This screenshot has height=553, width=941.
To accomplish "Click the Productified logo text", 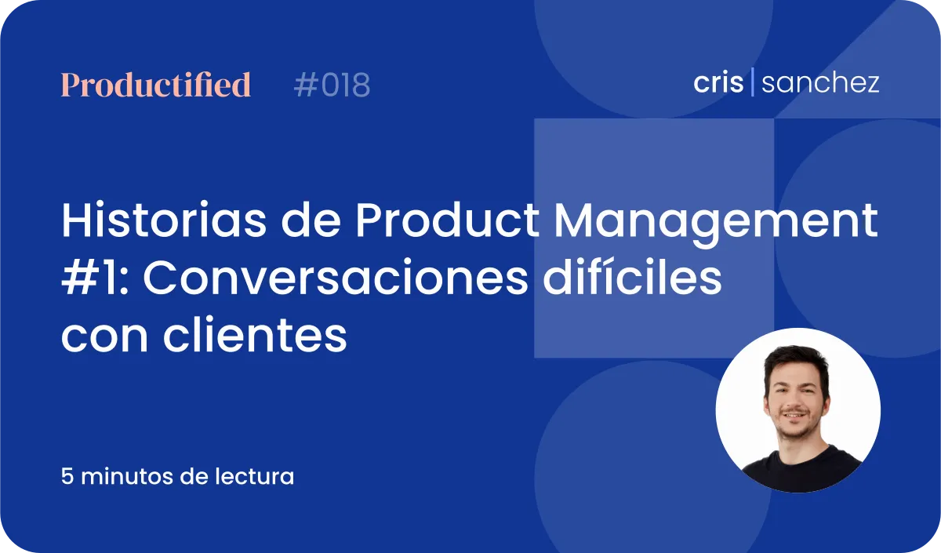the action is point(156,85).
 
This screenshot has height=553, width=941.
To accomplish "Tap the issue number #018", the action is point(332,85).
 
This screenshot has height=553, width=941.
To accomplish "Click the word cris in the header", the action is point(718,82).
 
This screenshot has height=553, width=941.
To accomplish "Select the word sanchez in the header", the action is point(820,82).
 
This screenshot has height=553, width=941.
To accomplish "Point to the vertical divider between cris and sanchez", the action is point(752,82).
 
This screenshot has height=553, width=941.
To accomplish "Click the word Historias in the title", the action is point(164,220).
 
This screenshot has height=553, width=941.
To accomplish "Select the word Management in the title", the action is point(716,224).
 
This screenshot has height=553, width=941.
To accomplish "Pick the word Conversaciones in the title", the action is point(336,278).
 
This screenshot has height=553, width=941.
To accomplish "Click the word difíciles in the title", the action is point(632,278).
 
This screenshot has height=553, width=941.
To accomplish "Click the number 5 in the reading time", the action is point(67,477).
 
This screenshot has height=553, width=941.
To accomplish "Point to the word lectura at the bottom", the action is point(255,477).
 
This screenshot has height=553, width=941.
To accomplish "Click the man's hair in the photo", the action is point(795,362).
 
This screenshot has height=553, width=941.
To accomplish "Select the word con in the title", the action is point(104,339).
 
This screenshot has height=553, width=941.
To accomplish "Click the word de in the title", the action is point(311,220).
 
